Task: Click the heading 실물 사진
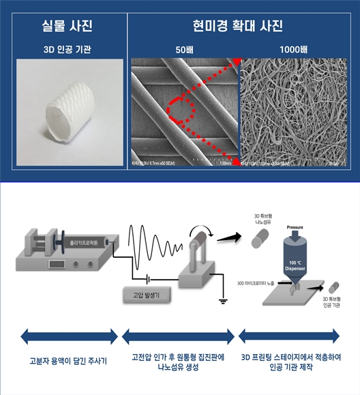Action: [65, 28]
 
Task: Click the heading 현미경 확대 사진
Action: [241, 28]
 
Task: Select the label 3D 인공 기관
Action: [66, 49]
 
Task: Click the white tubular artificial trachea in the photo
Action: [65, 110]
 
